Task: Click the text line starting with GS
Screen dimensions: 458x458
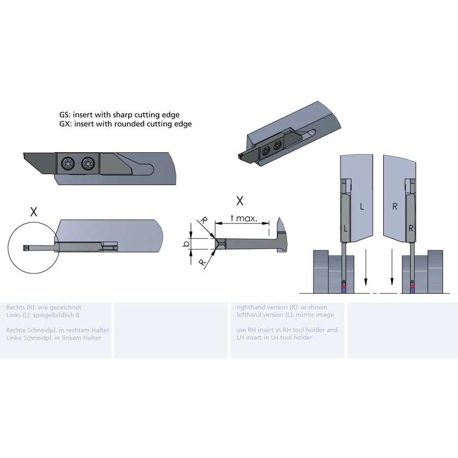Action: (120, 115)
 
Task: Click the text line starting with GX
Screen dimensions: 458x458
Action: (126, 124)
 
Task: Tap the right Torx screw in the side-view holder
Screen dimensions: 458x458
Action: (88, 164)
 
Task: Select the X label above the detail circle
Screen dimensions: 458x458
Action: (34, 212)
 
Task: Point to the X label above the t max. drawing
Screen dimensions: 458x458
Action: (240, 201)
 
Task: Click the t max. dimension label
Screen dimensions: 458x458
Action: (244, 218)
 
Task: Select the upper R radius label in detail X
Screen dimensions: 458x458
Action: (204, 220)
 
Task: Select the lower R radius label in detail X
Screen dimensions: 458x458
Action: (202, 262)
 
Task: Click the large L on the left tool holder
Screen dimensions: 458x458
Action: (362, 207)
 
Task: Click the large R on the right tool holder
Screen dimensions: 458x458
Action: (395, 207)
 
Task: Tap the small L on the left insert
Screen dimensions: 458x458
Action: (346, 228)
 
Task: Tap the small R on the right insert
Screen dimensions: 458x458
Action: (411, 228)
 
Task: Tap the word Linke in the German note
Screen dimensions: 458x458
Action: (13, 338)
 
